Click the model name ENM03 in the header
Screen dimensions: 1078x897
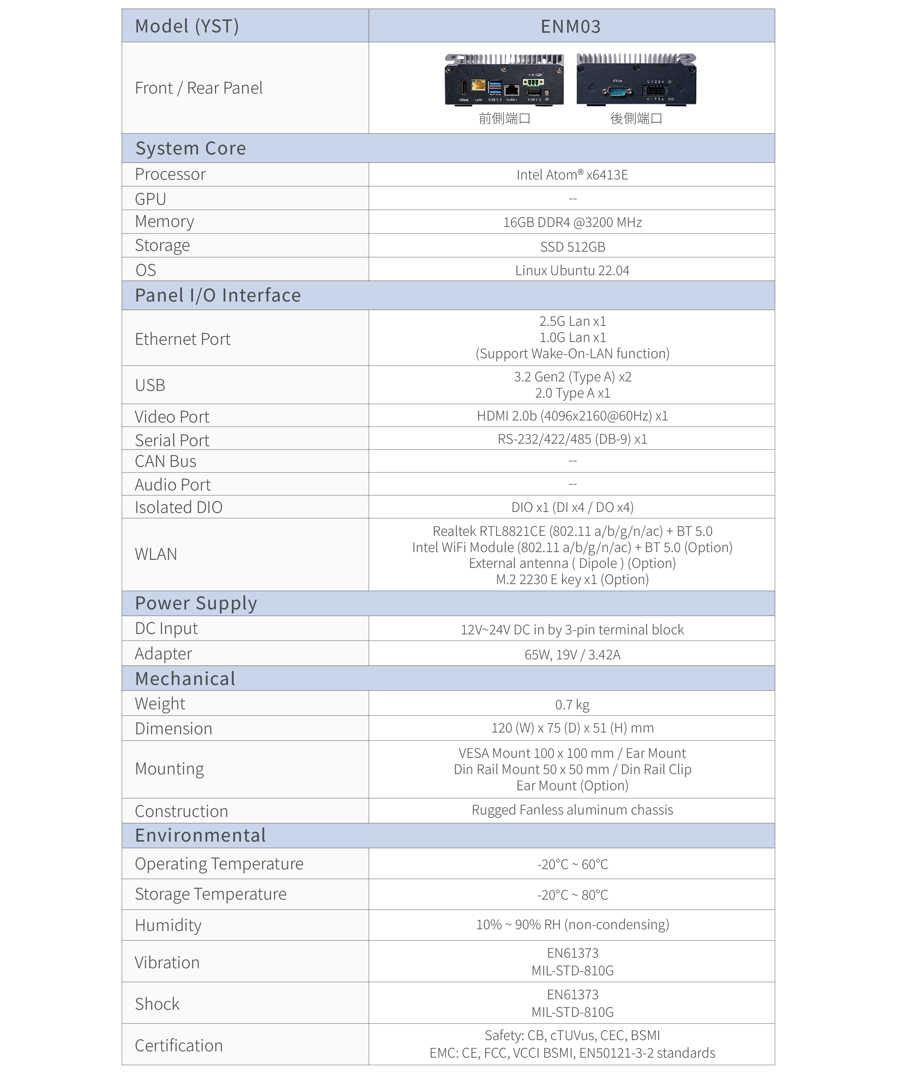pyautogui.click(x=571, y=26)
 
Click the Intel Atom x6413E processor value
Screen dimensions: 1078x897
pyautogui.click(x=572, y=175)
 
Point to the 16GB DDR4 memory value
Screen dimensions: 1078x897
pyautogui.click(x=572, y=222)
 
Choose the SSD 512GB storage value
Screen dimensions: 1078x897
pyautogui.click(x=572, y=247)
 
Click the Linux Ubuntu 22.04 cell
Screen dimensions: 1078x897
pyautogui.click(x=572, y=271)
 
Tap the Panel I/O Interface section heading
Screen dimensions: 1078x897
pyautogui.click(x=218, y=296)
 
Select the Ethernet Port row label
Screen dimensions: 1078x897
pyautogui.click(x=183, y=339)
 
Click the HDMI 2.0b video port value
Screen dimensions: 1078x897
pyautogui.click(x=572, y=416)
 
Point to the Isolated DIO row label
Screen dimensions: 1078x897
pyautogui.click(x=179, y=507)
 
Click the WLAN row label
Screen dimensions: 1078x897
pyautogui.click(x=156, y=554)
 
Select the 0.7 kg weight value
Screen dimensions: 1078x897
pyautogui.click(x=572, y=705)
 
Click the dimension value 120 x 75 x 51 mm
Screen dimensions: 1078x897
pyautogui.click(x=572, y=728)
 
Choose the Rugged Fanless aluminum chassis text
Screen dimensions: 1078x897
pyautogui.click(x=572, y=810)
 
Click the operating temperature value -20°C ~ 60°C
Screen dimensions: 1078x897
pyautogui.click(x=572, y=864)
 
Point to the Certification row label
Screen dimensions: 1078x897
pyautogui.click(x=179, y=1046)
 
